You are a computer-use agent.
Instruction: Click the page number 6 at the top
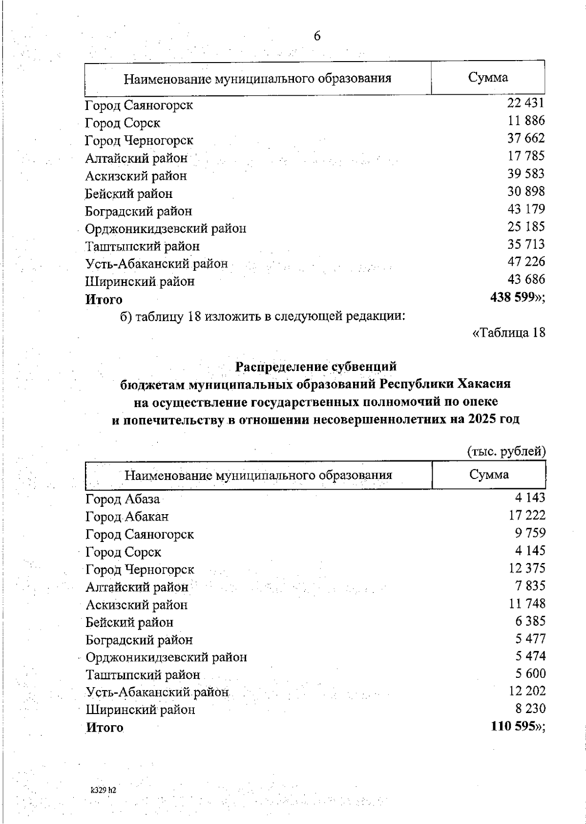317,36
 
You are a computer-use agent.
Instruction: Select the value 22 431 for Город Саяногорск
525,103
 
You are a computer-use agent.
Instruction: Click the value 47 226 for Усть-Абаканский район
526,261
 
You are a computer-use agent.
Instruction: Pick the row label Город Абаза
123,499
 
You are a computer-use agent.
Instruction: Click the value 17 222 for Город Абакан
527,515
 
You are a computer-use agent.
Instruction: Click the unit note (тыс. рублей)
506,451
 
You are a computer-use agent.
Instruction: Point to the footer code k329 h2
104,790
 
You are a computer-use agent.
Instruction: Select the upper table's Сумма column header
488,77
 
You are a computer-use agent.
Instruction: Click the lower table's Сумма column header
489,475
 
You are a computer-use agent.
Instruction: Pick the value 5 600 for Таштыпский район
530,673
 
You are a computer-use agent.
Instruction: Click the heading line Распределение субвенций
316,367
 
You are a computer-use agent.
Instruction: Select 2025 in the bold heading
482,419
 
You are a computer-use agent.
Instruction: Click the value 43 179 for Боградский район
526,209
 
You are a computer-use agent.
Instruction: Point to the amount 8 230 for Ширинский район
530,709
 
